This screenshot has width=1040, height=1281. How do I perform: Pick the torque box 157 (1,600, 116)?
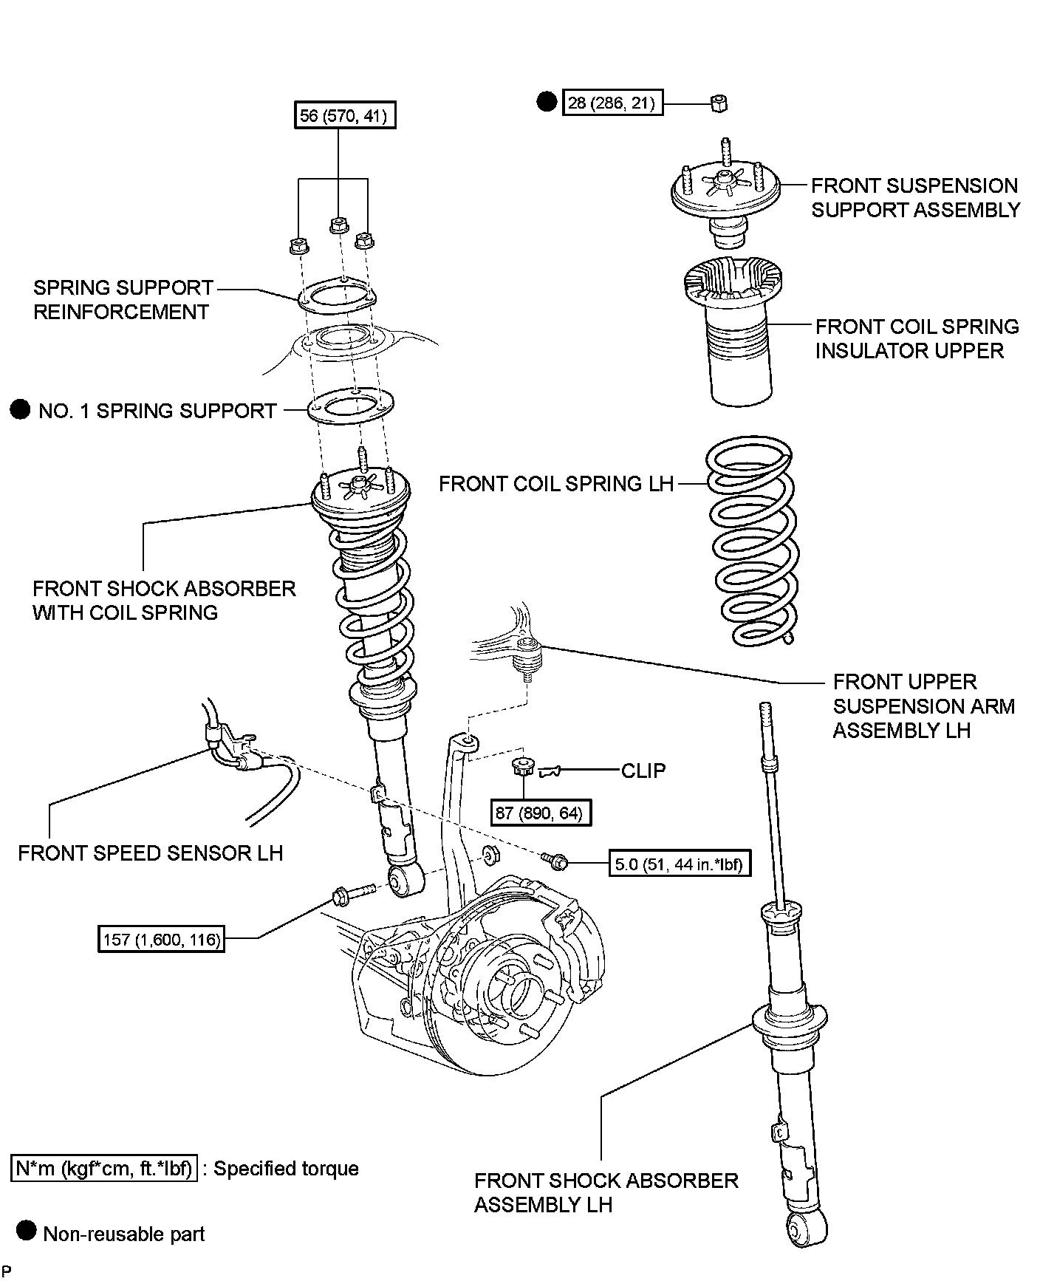[161, 940]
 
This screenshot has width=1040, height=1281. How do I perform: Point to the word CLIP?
[643, 771]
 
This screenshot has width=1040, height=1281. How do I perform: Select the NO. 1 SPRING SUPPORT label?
[157, 411]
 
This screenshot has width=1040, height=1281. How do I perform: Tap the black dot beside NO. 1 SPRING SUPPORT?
[21, 409]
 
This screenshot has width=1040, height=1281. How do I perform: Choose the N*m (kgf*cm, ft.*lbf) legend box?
[105, 1169]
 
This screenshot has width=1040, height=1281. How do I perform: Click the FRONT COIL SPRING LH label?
[556, 484]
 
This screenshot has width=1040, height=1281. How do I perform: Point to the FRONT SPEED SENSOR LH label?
[151, 853]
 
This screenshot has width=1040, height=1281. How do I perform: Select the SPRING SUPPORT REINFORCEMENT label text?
[123, 299]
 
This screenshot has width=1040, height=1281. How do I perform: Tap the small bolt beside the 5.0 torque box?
[554, 860]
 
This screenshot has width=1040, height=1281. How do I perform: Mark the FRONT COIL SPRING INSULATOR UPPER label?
[917, 338]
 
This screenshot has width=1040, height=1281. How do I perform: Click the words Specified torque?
[286, 1169]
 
